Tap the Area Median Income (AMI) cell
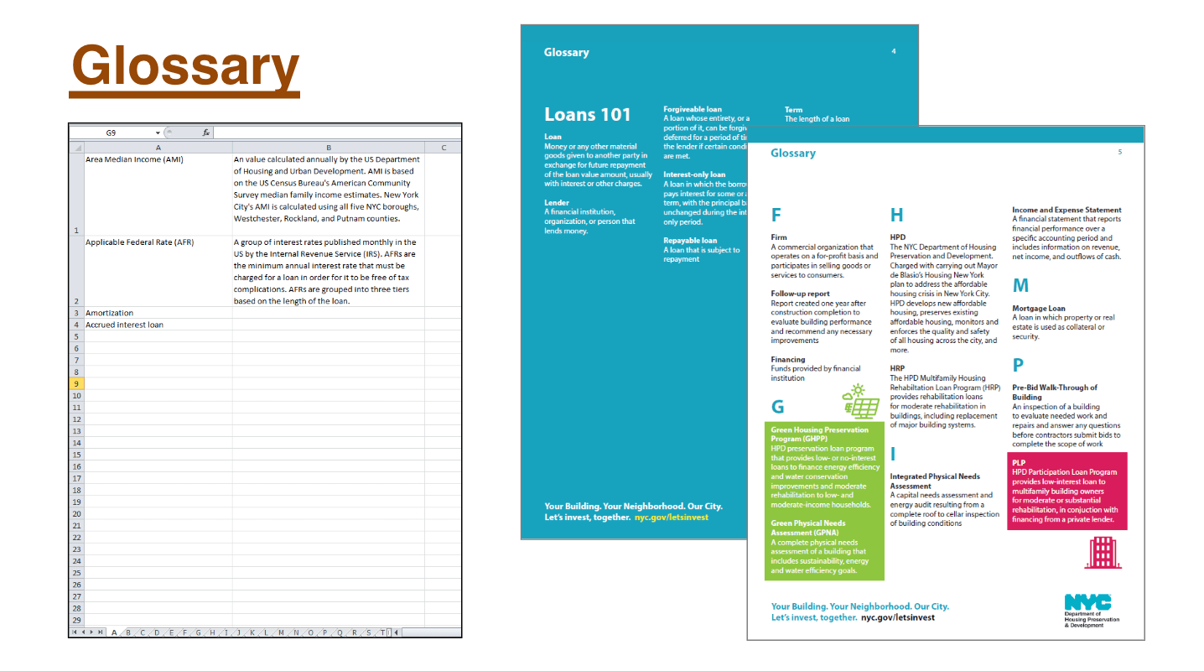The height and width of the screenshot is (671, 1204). tap(134, 159)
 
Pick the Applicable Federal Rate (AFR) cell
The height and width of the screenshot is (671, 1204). tap(139, 242)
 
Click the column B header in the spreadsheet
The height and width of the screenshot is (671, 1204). tap(328, 148)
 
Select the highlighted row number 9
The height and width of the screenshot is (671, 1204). tap(76, 383)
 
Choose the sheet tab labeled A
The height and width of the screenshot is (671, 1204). tap(114, 632)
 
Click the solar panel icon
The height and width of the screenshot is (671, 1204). tap(860, 402)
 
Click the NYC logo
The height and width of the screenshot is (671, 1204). tap(1087, 602)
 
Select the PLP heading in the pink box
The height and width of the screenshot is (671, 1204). tap(1019, 463)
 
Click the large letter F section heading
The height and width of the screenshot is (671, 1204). tap(776, 215)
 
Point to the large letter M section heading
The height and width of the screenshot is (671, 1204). tap(1020, 285)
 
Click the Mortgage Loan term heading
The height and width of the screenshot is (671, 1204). tap(1038, 309)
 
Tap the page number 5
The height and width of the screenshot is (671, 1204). tap(1119, 152)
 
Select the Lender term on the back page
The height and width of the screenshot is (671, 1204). tap(557, 203)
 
